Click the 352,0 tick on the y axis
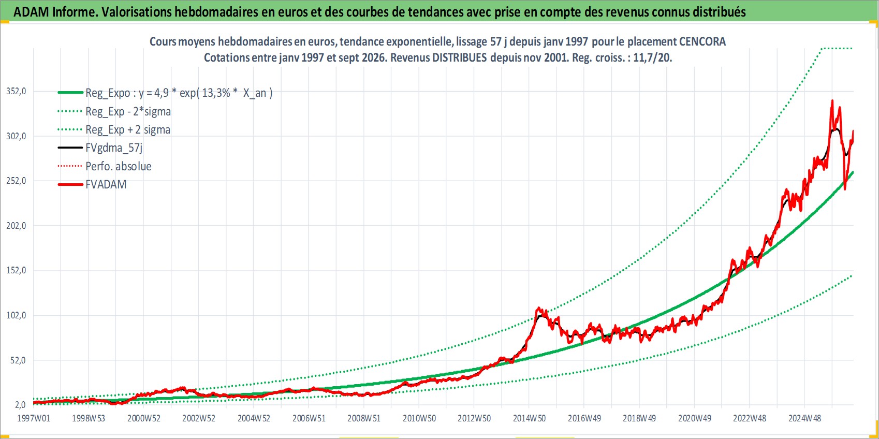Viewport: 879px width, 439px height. pyautogui.click(x=16, y=92)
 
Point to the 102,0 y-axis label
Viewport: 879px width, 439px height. pyautogui.click(x=16, y=315)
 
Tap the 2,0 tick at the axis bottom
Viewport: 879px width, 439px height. pyautogui.click(x=20, y=404)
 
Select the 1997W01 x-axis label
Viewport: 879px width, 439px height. pyautogui.click(x=33, y=418)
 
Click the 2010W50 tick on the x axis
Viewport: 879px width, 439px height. pyautogui.click(x=419, y=418)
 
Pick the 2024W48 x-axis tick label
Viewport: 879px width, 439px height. pyautogui.click(x=804, y=418)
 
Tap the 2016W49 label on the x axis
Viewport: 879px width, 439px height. pyautogui.click(x=584, y=418)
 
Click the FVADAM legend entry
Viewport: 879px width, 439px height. pyautogui.click(x=106, y=184)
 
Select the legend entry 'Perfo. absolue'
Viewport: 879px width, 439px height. pyautogui.click(x=119, y=166)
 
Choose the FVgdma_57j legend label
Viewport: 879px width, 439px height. pyautogui.click(x=114, y=148)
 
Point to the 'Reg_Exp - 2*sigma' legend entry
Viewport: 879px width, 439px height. pyautogui.click(x=128, y=111)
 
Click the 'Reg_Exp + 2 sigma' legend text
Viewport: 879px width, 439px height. pyautogui.click(x=128, y=129)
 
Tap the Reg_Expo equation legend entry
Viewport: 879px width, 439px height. pyautogui.click(x=179, y=93)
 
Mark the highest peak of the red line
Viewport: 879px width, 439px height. pyautogui.click(x=832, y=100)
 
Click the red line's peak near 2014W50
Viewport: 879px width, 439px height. pyautogui.click(x=538, y=308)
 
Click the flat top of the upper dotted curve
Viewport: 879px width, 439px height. pyautogui.click(x=837, y=48)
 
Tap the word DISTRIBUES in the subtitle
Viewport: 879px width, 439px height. pyautogui.click(x=459, y=57)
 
